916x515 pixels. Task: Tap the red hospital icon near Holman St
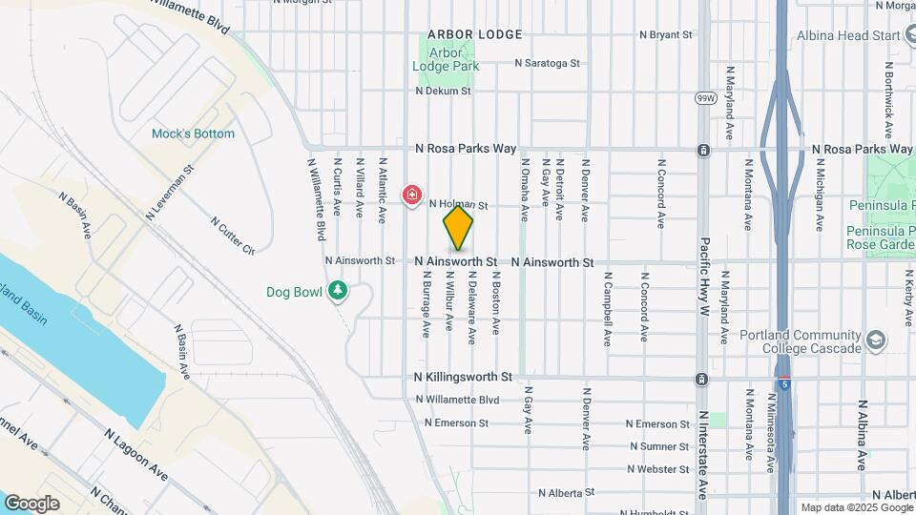pyautogui.click(x=412, y=196)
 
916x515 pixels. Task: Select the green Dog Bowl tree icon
pyautogui.click(x=337, y=290)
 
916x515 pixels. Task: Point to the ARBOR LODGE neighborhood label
pyautogui.click(x=475, y=34)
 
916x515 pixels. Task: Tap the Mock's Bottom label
pyautogui.click(x=193, y=134)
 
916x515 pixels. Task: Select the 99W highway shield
pyautogui.click(x=705, y=98)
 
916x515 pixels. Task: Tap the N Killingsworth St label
pyautogui.click(x=464, y=378)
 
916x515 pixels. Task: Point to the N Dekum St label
pyautogui.click(x=444, y=92)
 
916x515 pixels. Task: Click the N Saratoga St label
pyautogui.click(x=548, y=64)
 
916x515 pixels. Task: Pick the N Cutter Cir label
pyautogui.click(x=234, y=237)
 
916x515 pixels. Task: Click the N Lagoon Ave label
pyautogui.click(x=140, y=453)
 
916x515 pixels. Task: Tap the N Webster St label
pyautogui.click(x=658, y=469)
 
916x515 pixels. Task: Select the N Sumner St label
pyautogui.click(x=658, y=446)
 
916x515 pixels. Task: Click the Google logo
pyautogui.click(x=32, y=503)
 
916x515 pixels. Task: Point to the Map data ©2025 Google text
pyautogui.click(x=855, y=507)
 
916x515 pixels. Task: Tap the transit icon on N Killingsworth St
pyautogui.click(x=702, y=379)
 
